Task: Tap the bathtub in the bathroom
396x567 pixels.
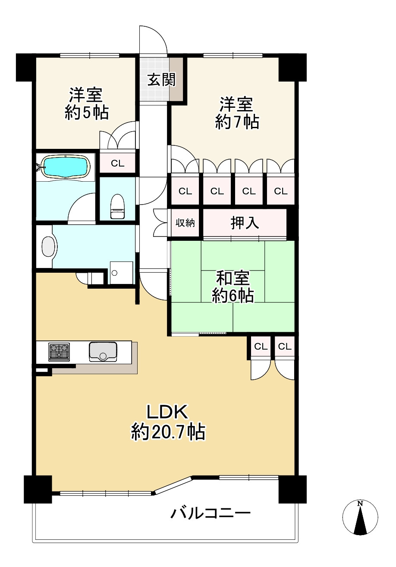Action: click(66, 166)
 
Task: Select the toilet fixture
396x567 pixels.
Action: click(117, 206)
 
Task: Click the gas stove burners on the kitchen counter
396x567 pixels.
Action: click(59, 351)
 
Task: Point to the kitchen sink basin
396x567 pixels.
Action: click(103, 351)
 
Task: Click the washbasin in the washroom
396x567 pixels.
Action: click(48, 246)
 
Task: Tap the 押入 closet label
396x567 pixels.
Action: click(245, 223)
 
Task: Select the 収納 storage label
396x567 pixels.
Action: click(185, 223)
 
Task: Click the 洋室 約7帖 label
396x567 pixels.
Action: click(237, 113)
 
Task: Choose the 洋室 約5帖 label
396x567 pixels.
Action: click(86, 104)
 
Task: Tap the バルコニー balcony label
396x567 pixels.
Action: click(211, 513)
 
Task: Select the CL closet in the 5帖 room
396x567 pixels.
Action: click(117, 163)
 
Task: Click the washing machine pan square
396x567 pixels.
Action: click(121, 272)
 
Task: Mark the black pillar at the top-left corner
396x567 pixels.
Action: click(25, 67)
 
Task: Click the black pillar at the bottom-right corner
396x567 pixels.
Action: click(292, 489)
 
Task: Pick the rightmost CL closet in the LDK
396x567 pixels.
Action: click(284, 346)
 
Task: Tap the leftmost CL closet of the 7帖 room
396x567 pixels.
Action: click(185, 191)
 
